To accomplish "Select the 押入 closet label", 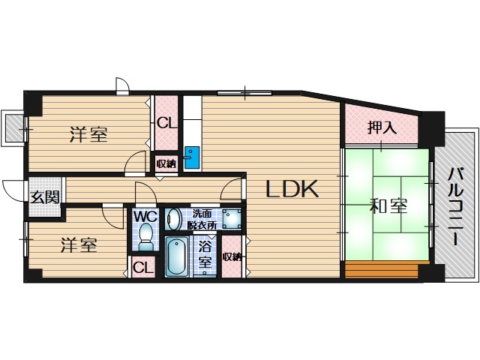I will tap(381, 127).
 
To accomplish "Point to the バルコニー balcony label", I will tap(454, 205).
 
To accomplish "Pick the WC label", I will tap(145, 217).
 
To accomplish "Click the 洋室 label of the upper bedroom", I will tap(88, 135).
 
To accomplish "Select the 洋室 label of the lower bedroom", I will tap(77, 245).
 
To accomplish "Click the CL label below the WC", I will tap(142, 268).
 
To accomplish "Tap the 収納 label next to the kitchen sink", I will tap(166, 163).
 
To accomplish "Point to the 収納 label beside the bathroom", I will tap(232, 256).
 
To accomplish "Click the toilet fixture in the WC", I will tap(145, 238).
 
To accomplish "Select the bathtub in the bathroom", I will tap(178, 256).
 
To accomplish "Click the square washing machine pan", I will tap(230, 219).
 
